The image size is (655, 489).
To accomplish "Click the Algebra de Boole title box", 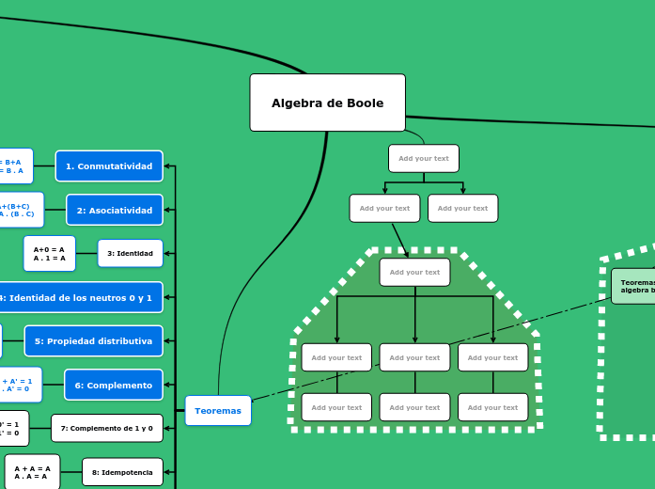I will [x=327, y=103].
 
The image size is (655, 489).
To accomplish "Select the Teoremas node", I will [x=218, y=410].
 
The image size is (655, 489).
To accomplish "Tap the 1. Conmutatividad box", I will [x=109, y=166].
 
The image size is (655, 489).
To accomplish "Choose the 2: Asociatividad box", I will [x=114, y=210].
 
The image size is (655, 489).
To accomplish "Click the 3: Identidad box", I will [x=130, y=253].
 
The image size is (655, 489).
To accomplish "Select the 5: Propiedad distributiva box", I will [x=93, y=340].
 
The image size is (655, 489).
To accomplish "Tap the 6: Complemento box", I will [x=113, y=385].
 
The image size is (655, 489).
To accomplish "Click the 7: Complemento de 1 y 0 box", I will [x=106, y=428].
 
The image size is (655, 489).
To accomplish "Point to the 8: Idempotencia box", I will [x=122, y=472].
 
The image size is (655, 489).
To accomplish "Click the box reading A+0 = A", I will [x=49, y=253].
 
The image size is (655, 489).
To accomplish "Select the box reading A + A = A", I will [x=32, y=471].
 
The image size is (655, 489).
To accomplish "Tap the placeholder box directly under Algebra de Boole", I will [x=423, y=158].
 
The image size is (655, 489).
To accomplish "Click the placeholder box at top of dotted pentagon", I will [x=414, y=272].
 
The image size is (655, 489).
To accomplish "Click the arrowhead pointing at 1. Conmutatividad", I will [x=168, y=166].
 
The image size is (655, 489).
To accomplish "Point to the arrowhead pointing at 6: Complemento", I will [x=168, y=385].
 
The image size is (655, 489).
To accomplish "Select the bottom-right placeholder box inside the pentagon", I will [x=492, y=407].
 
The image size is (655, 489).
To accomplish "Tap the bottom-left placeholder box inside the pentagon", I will [x=336, y=407].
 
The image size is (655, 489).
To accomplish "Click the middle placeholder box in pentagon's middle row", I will [x=414, y=357].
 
